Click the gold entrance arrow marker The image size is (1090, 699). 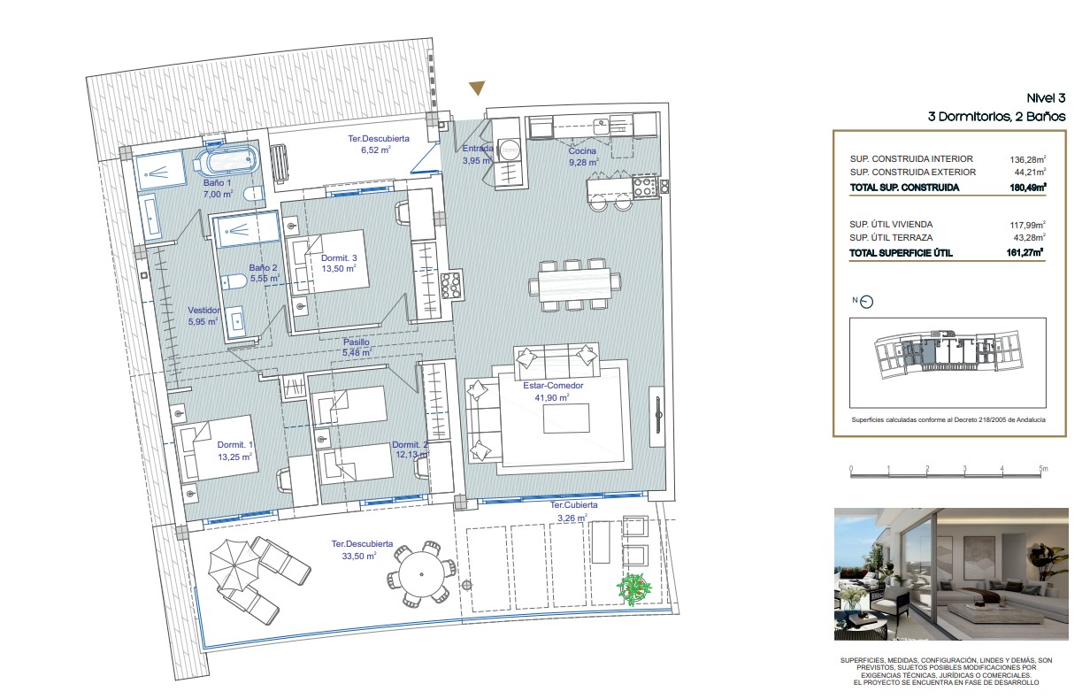477,88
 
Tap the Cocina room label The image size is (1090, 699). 582,151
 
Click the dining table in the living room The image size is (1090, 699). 574,285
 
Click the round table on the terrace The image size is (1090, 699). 421,574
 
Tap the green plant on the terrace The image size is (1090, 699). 634,589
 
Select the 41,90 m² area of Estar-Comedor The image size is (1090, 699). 552,397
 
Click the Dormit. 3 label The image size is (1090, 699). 339,258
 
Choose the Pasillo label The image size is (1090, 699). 357,342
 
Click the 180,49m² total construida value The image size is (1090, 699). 1028,188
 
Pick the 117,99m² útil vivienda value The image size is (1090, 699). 1028,225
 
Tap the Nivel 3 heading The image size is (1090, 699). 1046,98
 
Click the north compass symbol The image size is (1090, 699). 867,302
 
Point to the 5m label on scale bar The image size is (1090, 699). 1043,469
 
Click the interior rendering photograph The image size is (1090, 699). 951,574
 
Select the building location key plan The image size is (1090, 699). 948,363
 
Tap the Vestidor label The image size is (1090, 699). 203,310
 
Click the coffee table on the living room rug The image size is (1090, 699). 566,419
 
